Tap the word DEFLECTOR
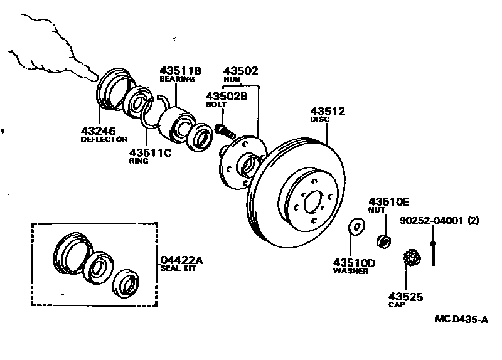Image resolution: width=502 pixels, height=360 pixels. pos(104,139)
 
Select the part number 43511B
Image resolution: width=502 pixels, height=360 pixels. pos(180,71)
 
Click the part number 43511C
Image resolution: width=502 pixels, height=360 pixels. pos(150,152)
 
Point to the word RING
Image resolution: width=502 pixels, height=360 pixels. pos(139,161)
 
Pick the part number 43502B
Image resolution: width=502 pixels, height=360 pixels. pos(227,96)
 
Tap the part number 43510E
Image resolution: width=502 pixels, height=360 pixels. pos(388,201)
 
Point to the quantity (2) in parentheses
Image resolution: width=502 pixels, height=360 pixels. pos(473,221)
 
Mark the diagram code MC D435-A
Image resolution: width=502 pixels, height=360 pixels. pos(461,319)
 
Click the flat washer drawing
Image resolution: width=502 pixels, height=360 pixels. pos(356,226)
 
